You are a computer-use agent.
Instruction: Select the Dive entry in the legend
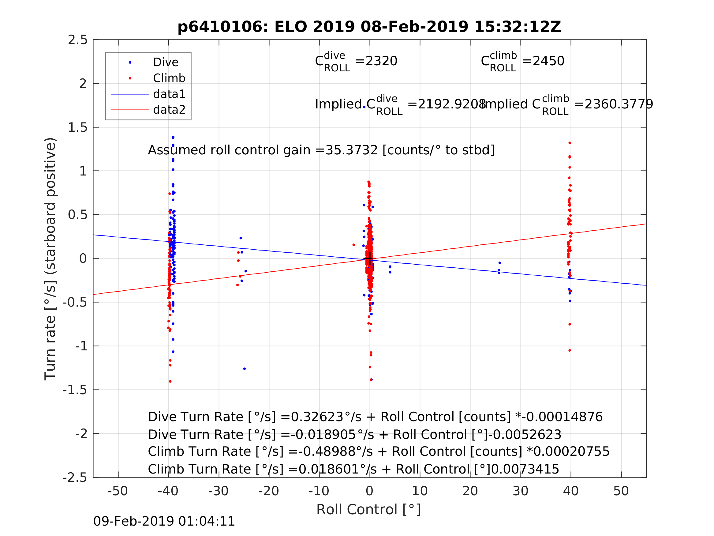tap(166, 62)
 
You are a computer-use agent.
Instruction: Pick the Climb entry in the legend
tap(169, 78)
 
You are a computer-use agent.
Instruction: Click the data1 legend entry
tap(169, 94)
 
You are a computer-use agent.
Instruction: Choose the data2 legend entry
tap(169, 110)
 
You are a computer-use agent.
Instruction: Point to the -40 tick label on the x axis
tap(168, 491)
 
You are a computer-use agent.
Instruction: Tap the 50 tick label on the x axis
tap(621, 491)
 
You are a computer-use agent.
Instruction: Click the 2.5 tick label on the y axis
tap(78, 40)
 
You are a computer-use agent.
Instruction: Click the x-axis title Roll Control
tap(368, 510)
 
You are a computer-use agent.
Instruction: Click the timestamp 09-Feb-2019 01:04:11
tap(164, 522)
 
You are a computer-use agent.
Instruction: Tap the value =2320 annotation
tap(376, 61)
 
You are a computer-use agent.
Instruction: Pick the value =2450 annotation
tap(543, 61)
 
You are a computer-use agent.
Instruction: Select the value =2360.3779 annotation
tap(614, 104)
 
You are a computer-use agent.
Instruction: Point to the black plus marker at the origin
tap(370, 259)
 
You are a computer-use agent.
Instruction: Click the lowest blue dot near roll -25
tap(244, 369)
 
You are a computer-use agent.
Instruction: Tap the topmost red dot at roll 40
tap(570, 143)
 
